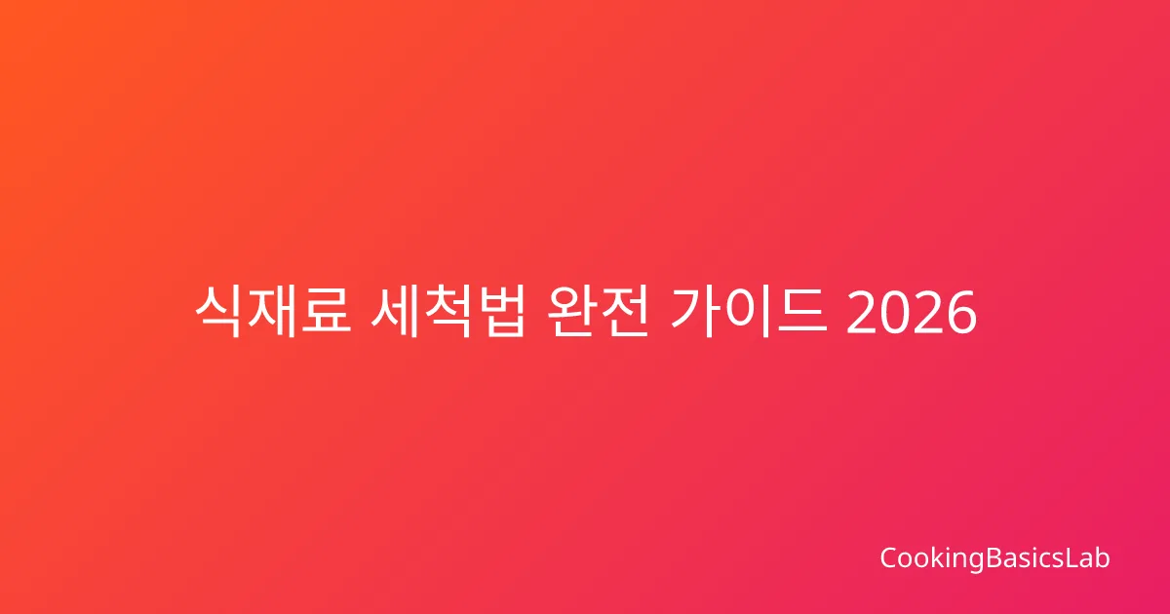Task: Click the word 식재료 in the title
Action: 273,312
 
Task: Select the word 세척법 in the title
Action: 448,312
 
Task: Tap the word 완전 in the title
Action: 598,312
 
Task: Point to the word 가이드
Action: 749,312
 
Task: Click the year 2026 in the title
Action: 912,312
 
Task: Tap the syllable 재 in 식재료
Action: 272,312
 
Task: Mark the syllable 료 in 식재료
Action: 326,312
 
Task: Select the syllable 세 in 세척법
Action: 395,312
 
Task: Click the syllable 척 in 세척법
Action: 448,312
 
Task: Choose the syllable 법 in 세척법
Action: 501,312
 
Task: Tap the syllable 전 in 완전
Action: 625,312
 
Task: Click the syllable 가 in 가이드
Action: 694,312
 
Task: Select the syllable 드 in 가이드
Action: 802,312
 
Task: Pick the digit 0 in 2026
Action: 895,312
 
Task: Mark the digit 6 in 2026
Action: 961,312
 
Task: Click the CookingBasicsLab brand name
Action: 995,558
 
